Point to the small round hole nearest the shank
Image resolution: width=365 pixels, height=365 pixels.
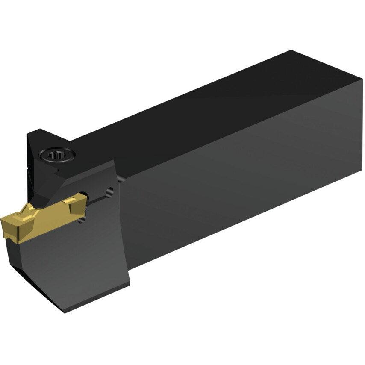click(x=111, y=192)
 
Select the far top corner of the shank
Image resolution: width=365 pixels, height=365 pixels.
click(x=291, y=50)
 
